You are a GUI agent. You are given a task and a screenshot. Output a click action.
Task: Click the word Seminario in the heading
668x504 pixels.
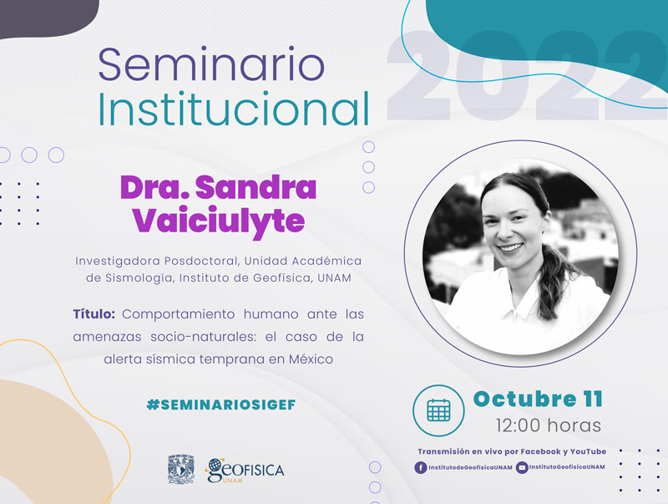(x=211, y=64)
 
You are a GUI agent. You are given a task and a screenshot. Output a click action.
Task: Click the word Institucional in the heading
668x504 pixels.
(x=234, y=109)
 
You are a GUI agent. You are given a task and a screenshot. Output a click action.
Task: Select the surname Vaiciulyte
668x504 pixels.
(x=219, y=221)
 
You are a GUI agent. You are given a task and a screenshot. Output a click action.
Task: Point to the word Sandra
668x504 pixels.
(x=256, y=187)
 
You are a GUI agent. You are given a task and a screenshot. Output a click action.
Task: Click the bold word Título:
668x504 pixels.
(x=94, y=314)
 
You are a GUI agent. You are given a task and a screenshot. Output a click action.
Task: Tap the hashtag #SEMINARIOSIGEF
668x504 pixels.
(x=221, y=405)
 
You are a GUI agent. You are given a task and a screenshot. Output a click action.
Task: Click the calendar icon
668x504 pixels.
(x=438, y=410)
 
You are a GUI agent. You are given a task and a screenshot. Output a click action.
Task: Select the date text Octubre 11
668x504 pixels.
(x=538, y=400)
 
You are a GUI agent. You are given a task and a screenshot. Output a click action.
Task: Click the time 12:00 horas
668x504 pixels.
(x=549, y=425)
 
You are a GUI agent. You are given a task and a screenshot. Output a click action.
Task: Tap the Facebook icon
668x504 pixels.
(x=421, y=468)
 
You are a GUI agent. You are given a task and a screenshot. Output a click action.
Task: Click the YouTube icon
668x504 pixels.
(x=521, y=468)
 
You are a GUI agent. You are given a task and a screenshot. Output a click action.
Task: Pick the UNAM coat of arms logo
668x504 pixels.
(x=181, y=469)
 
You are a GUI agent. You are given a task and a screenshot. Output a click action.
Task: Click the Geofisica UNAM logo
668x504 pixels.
(x=245, y=471)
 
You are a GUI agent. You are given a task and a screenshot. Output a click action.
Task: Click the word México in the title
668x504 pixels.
(x=311, y=359)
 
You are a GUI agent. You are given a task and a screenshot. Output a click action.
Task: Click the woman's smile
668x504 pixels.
(x=510, y=247)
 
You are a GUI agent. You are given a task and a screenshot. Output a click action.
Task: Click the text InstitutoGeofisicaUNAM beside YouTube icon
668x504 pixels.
(x=567, y=467)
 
